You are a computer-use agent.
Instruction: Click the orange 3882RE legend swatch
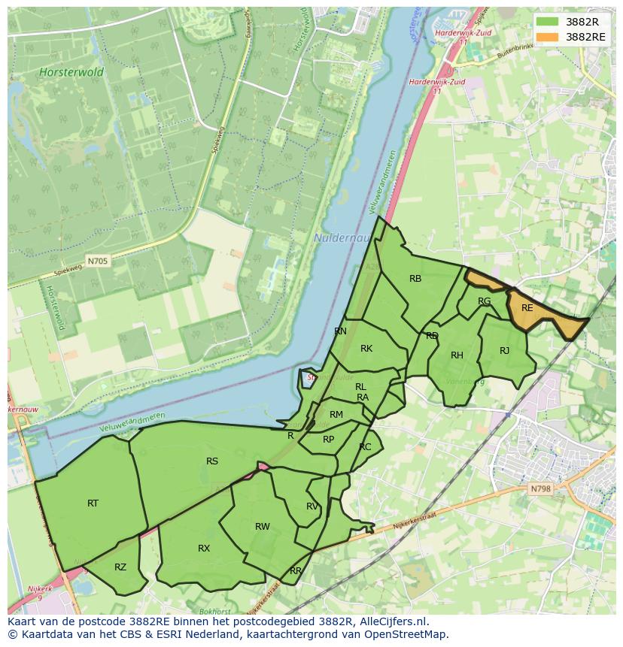(548, 37)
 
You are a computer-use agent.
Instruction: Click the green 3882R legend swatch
(548, 22)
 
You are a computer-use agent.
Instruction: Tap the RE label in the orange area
(527, 308)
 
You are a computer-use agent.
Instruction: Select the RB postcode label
(415, 279)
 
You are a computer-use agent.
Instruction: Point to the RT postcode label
(93, 503)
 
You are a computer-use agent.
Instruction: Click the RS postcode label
(212, 461)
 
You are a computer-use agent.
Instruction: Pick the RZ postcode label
(120, 567)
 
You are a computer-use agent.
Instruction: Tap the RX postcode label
(204, 549)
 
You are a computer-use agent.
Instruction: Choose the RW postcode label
(262, 527)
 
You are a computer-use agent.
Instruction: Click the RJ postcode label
(504, 351)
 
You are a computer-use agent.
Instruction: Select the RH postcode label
(457, 355)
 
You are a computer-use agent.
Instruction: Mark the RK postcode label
(366, 349)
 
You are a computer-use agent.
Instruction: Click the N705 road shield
(97, 262)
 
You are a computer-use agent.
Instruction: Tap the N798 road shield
(540, 488)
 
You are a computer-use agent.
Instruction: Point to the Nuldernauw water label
(336, 238)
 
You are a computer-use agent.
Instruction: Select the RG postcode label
(484, 301)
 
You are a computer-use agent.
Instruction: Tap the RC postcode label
(365, 447)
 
